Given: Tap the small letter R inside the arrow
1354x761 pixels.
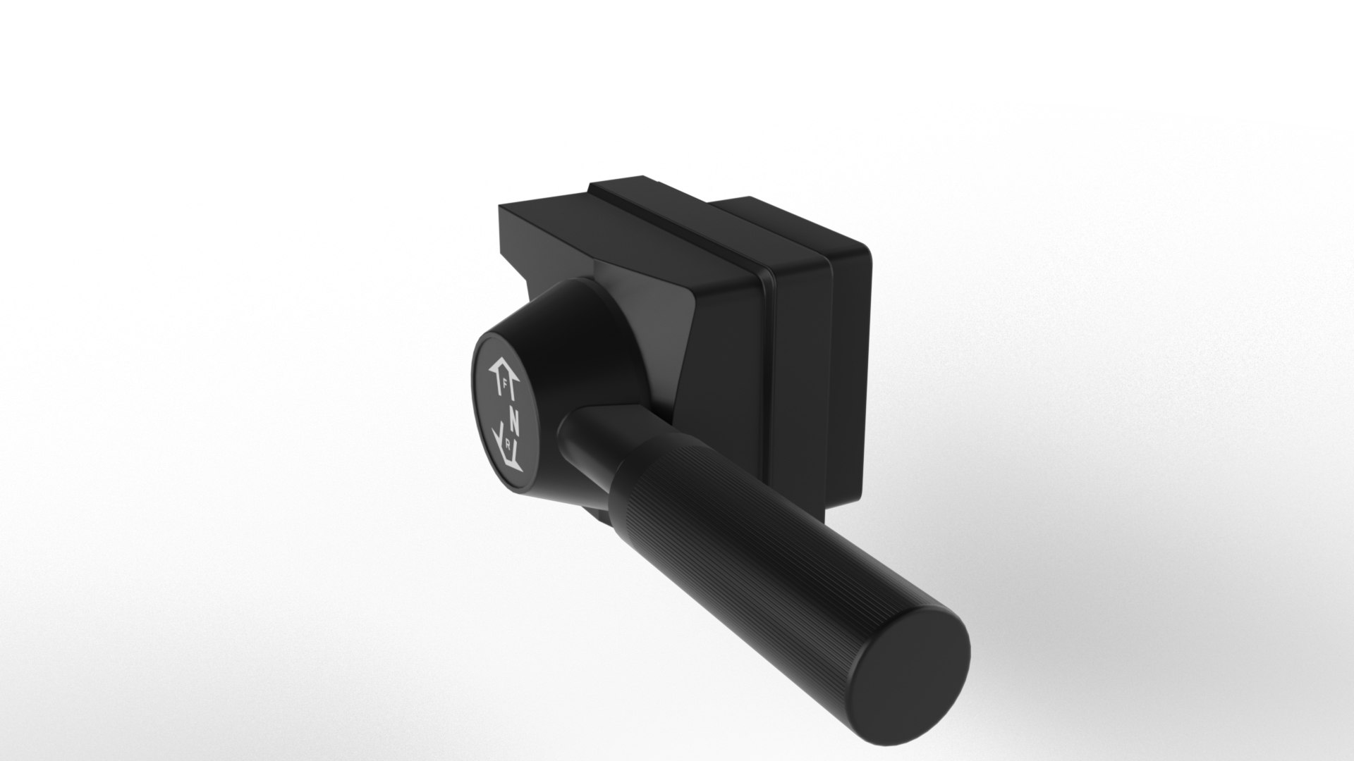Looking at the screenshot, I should [508, 445].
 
